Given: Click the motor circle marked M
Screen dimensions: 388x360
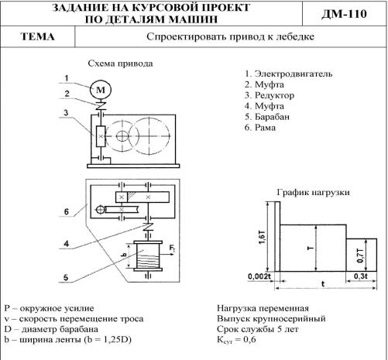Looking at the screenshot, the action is [x=101, y=90].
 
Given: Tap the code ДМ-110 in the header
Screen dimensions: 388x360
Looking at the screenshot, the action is [x=344, y=14].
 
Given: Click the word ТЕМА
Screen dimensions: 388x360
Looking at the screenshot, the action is [x=38, y=36].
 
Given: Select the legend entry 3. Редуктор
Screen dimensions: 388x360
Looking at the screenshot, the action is [x=270, y=95].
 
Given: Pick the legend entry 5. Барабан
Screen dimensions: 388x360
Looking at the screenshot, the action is [x=267, y=117].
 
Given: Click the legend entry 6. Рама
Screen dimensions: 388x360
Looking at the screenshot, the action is [x=260, y=128].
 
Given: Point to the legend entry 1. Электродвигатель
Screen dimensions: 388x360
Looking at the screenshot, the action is [x=288, y=74].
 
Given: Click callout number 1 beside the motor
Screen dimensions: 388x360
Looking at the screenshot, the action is [x=67, y=78].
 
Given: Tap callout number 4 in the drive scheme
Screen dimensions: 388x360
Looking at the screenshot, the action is [x=67, y=244].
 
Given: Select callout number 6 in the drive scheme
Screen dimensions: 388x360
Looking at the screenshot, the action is [x=67, y=211].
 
